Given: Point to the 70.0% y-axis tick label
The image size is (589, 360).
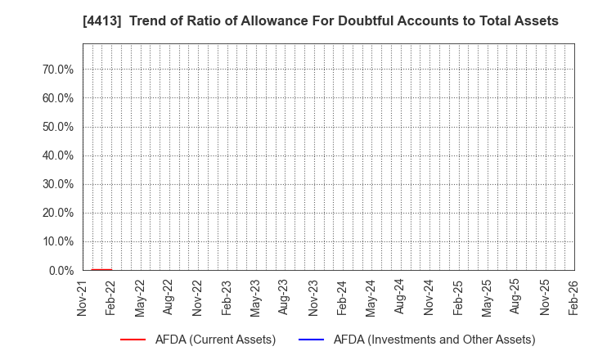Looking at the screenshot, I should pos(57,70).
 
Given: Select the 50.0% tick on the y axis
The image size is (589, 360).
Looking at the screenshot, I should pos(57,127).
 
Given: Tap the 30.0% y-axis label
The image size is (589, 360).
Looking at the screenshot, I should pos(57,184).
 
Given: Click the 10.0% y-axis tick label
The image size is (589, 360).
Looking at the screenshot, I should pos(57,241).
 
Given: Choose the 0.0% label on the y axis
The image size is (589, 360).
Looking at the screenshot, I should pos(61,270).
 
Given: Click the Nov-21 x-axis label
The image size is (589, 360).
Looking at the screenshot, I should pos(83,299).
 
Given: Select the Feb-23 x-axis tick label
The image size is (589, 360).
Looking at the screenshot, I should pos(227,299).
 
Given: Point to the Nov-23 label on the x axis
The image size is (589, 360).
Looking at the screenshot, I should pos(314,299).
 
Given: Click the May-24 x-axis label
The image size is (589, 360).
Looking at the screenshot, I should pos(371,299).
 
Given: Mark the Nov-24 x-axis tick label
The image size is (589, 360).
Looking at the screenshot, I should pos(429,299).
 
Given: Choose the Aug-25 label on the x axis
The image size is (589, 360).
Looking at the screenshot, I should pos(516,299).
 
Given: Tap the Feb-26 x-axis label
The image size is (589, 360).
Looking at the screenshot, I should pos(574,299).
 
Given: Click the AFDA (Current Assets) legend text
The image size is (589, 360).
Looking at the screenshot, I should pos(214,340).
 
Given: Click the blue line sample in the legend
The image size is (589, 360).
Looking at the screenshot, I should pos(312,340).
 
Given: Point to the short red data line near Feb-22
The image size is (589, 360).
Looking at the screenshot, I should pos(101,269).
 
